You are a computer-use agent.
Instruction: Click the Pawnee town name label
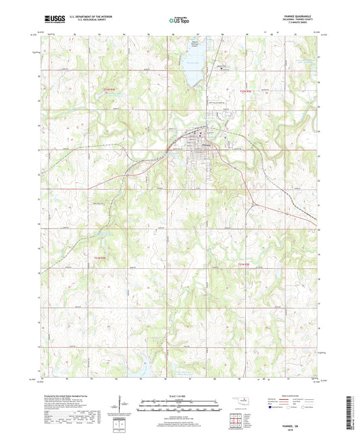point(207,144)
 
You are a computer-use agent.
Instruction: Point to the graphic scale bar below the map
point(180,406)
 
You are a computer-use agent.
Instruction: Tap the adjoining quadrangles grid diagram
point(236,419)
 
